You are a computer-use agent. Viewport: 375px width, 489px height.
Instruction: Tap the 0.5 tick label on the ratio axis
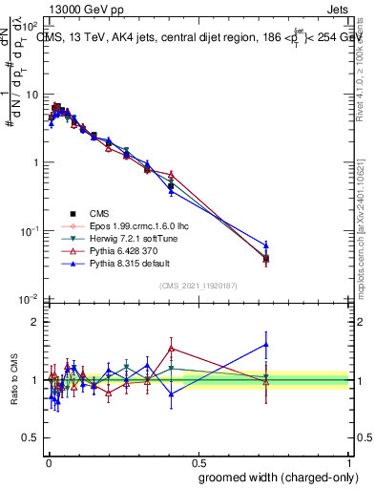point(31,438)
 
